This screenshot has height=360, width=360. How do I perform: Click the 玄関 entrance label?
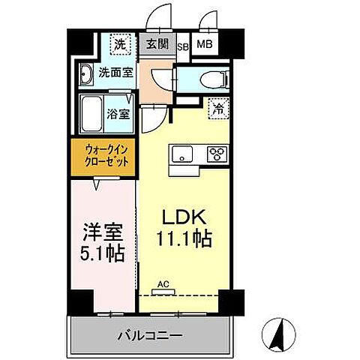(x=157, y=45)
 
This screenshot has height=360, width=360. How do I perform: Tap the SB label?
(x=183, y=45)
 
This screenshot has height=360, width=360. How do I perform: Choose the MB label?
(x=204, y=45)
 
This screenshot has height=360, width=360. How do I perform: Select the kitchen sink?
(x=182, y=154)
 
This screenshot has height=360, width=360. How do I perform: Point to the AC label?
(x=163, y=285)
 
